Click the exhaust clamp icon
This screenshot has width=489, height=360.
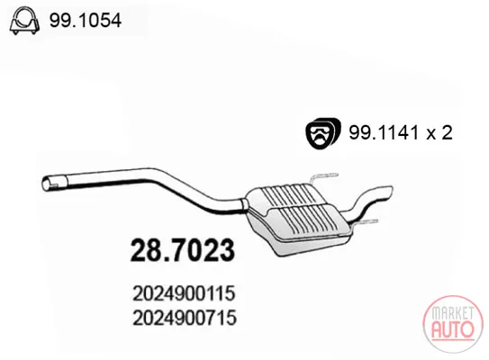point(24,22)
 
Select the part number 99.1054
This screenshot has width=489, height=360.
point(86,21)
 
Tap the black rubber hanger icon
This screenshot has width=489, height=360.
point(322,133)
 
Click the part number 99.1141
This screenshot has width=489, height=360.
point(384,133)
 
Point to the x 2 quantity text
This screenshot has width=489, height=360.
point(439,133)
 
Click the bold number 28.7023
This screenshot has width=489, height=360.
point(183,249)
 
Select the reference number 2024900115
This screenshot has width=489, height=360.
point(184,293)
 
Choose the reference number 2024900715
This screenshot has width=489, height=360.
point(185,319)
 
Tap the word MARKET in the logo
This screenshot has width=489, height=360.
point(452,313)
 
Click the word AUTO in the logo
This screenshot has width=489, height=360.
point(452,329)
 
